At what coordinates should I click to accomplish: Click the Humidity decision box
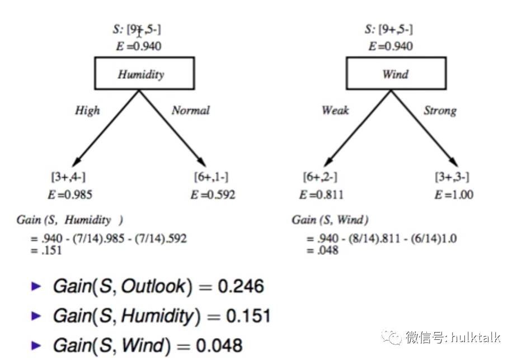tap(144, 74)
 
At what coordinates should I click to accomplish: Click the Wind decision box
tap(396, 74)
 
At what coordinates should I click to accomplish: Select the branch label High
tap(87, 110)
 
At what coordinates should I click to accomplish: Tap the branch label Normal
tap(191, 110)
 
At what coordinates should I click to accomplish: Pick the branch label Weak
tap(335, 110)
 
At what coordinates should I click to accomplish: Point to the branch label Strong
tap(440, 110)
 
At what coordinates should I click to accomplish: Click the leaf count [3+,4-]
tap(68, 177)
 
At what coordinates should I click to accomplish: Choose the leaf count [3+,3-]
tap(452, 177)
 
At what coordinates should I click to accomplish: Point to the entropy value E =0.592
tap(213, 195)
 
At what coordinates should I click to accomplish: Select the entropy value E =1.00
tap(453, 195)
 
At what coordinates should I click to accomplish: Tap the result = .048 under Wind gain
tap(323, 250)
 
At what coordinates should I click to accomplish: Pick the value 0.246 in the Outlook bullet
tap(241, 287)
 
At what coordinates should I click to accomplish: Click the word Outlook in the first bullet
tap(153, 287)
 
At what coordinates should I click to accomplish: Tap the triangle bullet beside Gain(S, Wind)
tap(37, 345)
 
